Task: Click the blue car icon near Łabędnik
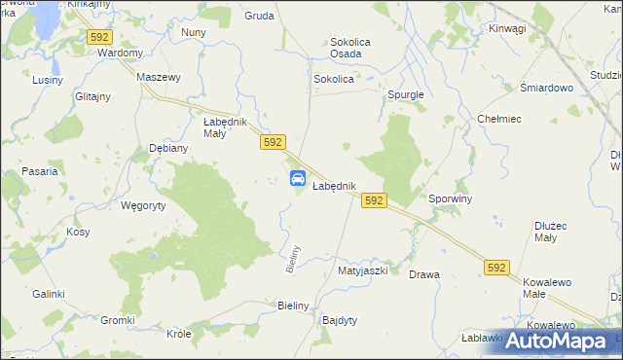tap(299, 178)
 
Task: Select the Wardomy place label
tap(121, 53)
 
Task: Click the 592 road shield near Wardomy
tap(99, 37)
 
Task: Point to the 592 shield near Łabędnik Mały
tap(273, 142)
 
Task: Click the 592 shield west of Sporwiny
tap(374, 199)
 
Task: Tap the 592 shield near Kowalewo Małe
tap(496, 268)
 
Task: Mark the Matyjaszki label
tap(362, 271)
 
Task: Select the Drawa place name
tap(424, 274)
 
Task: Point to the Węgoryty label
tap(143, 205)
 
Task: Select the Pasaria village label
tap(38, 171)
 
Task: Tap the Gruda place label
tap(259, 17)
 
